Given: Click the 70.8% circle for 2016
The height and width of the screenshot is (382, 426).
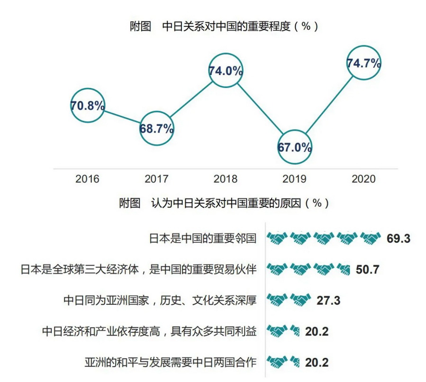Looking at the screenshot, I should tap(88, 105).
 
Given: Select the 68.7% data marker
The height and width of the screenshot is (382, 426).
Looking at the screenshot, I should tap(157, 128).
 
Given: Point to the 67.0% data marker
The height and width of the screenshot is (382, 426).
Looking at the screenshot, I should tap(294, 147).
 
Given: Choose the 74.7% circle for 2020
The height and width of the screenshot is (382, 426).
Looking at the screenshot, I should tap(364, 63).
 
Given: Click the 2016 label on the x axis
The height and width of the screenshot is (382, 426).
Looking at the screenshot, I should tap(88, 179).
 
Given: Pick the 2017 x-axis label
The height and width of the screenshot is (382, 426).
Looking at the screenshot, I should tap(157, 179).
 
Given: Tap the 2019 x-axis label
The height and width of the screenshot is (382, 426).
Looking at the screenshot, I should tap(294, 179).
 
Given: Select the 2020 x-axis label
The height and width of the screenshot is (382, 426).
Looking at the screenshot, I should tap(364, 179).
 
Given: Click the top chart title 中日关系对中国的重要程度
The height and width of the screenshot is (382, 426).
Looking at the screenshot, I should tap(223, 26).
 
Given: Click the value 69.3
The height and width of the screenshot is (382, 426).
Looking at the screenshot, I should tap(398, 238).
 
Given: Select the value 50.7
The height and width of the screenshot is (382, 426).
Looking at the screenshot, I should tap(367, 269).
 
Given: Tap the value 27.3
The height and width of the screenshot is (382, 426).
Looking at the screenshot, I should tap(328, 300).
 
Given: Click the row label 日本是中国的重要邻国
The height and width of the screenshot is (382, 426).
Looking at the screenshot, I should tap(202, 238).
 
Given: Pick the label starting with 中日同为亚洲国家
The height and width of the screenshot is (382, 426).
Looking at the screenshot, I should tap(160, 300).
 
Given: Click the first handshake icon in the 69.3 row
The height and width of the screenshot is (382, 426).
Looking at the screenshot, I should tap(277, 238).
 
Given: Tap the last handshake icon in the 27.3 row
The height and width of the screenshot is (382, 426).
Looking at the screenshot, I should tap(301, 300).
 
